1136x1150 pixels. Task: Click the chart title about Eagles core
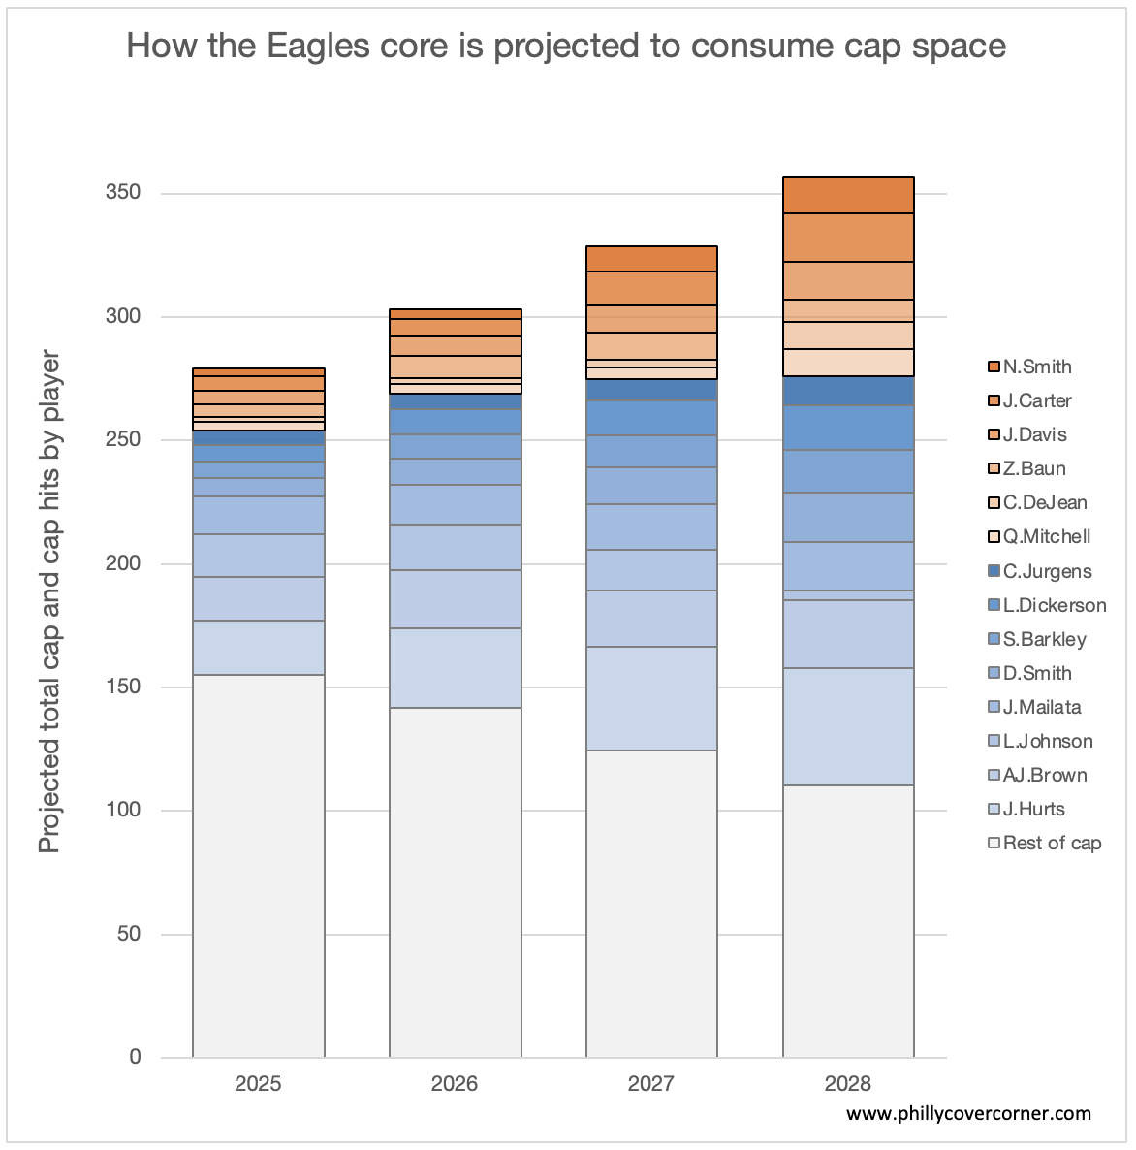566,46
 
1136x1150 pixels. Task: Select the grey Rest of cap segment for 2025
258,865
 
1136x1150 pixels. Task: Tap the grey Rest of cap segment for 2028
848,921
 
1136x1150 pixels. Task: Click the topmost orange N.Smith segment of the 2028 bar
848,195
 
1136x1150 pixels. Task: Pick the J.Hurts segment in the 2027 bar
651,698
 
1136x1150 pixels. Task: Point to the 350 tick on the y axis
122,193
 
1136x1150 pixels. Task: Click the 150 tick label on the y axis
122,687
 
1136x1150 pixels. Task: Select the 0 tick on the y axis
135,1057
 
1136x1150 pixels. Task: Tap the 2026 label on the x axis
455,1083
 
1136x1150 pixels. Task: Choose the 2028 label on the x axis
848,1083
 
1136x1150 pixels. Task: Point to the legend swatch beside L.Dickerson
994,605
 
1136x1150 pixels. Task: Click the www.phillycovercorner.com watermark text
968,1113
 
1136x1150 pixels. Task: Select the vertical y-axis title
49,601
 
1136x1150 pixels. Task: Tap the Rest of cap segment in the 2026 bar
455,882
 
